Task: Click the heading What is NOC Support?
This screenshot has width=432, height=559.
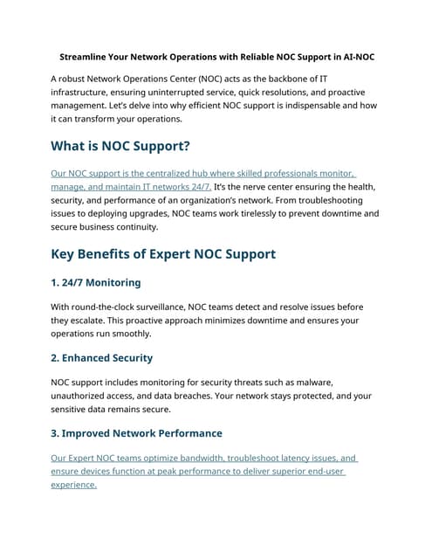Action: (x=120, y=146)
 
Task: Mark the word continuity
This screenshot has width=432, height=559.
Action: (x=135, y=226)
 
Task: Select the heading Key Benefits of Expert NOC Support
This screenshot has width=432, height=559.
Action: (x=163, y=254)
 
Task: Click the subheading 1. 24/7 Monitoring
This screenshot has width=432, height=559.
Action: (x=95, y=282)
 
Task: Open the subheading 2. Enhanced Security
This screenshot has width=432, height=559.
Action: (x=101, y=357)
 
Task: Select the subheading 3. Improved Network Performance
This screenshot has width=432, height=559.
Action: (x=136, y=432)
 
